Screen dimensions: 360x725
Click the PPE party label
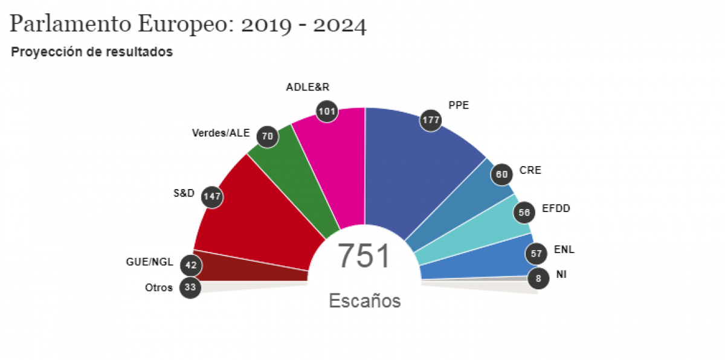point(459,105)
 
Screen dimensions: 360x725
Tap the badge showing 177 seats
point(431,120)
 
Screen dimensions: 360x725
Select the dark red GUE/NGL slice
point(251,266)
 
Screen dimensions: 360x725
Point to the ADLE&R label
point(307,86)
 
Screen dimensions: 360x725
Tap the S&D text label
point(184,193)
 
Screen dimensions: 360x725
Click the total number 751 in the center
point(364,256)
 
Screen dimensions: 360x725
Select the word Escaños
point(364,300)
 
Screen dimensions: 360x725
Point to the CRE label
point(530,170)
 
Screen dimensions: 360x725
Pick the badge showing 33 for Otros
point(190,288)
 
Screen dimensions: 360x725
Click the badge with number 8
point(538,278)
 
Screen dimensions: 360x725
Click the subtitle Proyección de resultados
point(92,52)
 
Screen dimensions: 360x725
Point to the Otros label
point(159,288)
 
